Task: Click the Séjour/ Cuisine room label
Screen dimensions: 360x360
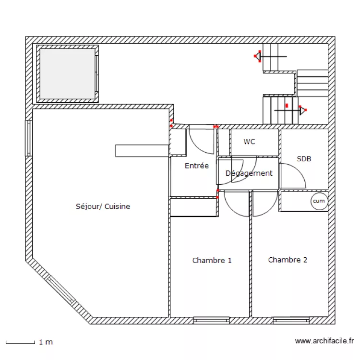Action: point(103,207)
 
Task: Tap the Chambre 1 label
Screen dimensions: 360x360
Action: point(212,261)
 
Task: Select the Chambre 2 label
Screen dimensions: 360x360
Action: point(288,260)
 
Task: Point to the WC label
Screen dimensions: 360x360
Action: point(249,142)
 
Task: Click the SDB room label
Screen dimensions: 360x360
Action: point(304,158)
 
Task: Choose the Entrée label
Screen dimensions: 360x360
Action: point(197,166)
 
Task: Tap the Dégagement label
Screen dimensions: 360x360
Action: point(249,173)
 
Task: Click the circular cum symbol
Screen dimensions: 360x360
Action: point(319,202)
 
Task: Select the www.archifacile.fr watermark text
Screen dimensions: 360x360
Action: point(324,341)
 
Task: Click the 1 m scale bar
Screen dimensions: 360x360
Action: point(20,342)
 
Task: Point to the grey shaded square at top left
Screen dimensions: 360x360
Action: point(68,73)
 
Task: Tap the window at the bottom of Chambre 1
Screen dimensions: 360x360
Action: point(211,320)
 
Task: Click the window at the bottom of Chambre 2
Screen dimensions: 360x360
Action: point(291,320)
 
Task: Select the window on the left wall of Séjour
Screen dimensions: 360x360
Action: point(28,138)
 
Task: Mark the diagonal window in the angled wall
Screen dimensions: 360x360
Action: point(61,291)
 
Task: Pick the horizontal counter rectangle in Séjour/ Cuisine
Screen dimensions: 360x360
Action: point(142,150)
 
